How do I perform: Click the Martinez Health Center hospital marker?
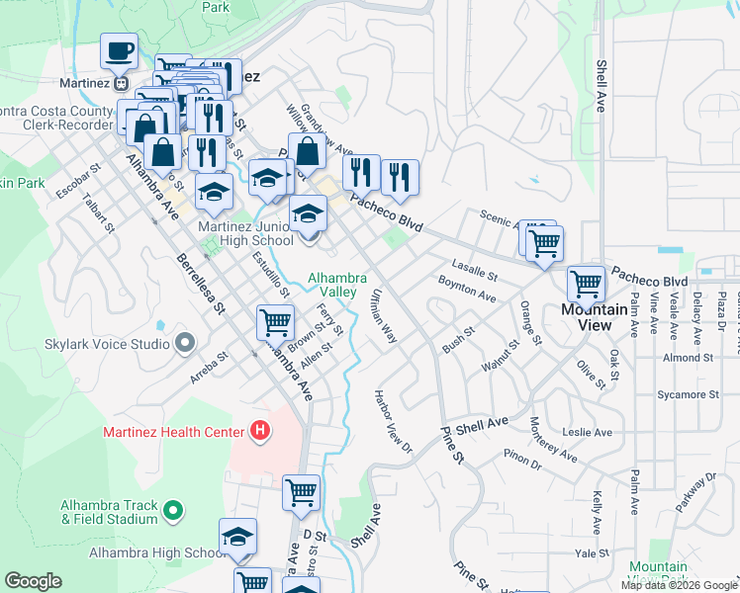[x=260, y=430]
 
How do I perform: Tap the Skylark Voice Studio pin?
[x=185, y=343]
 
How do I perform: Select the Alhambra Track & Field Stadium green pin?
[x=173, y=511]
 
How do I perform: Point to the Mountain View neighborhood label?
[x=594, y=309]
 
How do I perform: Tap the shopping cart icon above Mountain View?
[x=586, y=284]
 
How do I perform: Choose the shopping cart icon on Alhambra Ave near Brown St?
[x=275, y=321]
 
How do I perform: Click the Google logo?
[x=33, y=580]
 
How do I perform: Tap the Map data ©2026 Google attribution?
[x=679, y=585]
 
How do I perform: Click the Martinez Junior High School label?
[x=244, y=233]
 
